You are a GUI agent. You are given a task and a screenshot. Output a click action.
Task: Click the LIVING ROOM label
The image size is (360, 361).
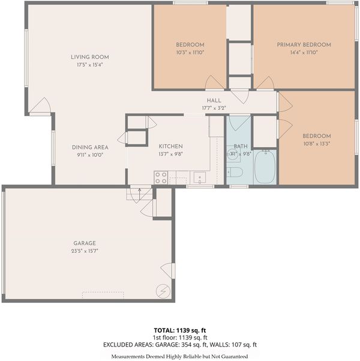pyautogui.click(x=90, y=57)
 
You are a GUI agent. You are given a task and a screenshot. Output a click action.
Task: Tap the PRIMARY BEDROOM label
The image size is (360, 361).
pyautogui.click(x=304, y=44)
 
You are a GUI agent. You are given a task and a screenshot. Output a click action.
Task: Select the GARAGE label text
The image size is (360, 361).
pyautogui.click(x=85, y=243)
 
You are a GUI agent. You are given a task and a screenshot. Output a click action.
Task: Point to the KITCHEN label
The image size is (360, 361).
pyautogui.click(x=170, y=147)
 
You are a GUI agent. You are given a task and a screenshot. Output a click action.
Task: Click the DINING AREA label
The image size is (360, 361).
pyautogui.click(x=90, y=147)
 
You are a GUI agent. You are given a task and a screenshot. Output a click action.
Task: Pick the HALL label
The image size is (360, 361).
pyautogui.click(x=214, y=100)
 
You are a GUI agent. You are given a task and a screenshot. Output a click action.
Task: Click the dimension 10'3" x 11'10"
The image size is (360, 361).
pyautogui.click(x=190, y=52)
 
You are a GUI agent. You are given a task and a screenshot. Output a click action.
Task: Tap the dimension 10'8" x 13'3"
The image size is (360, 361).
pyautogui.click(x=317, y=144)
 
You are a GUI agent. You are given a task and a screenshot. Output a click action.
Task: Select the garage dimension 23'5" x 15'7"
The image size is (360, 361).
pyautogui.click(x=85, y=251)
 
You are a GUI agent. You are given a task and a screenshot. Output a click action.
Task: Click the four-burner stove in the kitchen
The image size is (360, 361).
pyautogui.click(x=161, y=178)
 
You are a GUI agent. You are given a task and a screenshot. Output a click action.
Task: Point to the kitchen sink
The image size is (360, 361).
pyautogui.click(x=199, y=178)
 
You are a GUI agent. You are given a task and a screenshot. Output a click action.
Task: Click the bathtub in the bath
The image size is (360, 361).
pyautogui.click(x=265, y=167)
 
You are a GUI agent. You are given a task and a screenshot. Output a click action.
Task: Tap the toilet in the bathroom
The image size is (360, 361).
pyautogui.click(x=235, y=172)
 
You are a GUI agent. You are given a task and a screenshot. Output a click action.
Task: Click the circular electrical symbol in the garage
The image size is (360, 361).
pyautogui.click(x=163, y=291)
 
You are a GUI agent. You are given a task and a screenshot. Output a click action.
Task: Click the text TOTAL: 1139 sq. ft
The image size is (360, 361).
pyautogui.click(x=180, y=330)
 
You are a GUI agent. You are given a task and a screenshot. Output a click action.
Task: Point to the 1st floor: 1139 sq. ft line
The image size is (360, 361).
pyautogui.click(x=180, y=338)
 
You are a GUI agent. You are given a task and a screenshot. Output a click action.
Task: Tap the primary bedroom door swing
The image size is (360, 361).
pyautogui.click(x=265, y=82)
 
